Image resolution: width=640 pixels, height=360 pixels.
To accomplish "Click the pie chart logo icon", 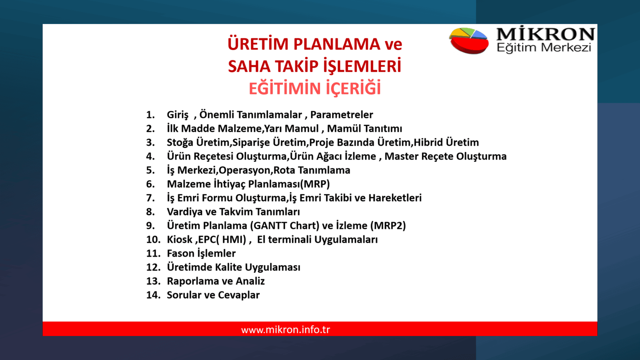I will [x=469, y=40].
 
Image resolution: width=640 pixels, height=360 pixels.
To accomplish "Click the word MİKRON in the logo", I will [x=545, y=34].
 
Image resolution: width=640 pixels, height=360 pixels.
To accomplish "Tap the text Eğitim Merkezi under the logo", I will [x=544, y=48].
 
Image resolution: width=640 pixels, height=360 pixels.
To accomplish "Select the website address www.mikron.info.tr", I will [x=286, y=330].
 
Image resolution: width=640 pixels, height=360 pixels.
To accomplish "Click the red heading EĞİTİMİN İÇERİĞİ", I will [x=315, y=88].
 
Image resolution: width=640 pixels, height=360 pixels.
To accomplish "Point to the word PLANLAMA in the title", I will [x=337, y=44].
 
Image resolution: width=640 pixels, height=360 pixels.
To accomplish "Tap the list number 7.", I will [x=150, y=198].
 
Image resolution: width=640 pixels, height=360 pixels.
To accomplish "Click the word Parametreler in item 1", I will [x=342, y=115].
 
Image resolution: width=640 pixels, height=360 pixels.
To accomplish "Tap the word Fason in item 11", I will [x=180, y=254].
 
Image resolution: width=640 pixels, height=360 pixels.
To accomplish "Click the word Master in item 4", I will [x=401, y=156].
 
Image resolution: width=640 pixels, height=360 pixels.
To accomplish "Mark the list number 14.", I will [x=153, y=295].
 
